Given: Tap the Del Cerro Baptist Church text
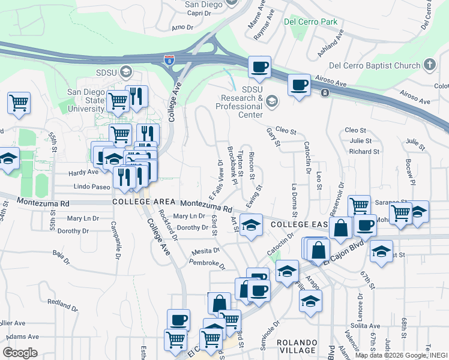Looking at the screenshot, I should coord(376,65).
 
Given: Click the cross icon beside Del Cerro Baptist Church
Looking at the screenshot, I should coord(429,64).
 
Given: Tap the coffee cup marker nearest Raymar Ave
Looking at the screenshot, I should coord(259,67).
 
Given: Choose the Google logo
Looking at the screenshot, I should coord(20,352).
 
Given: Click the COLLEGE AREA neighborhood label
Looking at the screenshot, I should coord(143,202).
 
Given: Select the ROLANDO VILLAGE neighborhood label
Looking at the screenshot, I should coord(297,346).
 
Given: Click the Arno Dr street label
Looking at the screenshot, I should coord(182,28).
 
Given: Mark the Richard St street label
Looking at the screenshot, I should coord(364,152).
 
